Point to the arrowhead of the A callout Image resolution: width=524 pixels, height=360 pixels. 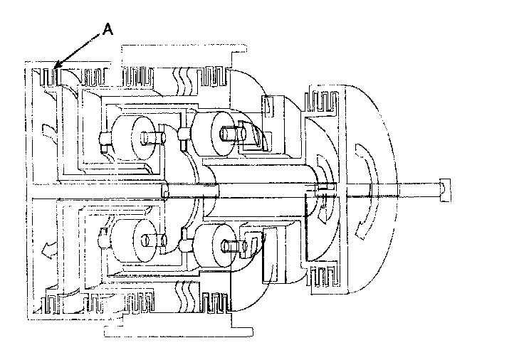coord(56,68)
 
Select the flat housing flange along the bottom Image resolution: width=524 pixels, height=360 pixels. coord(178,332)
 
